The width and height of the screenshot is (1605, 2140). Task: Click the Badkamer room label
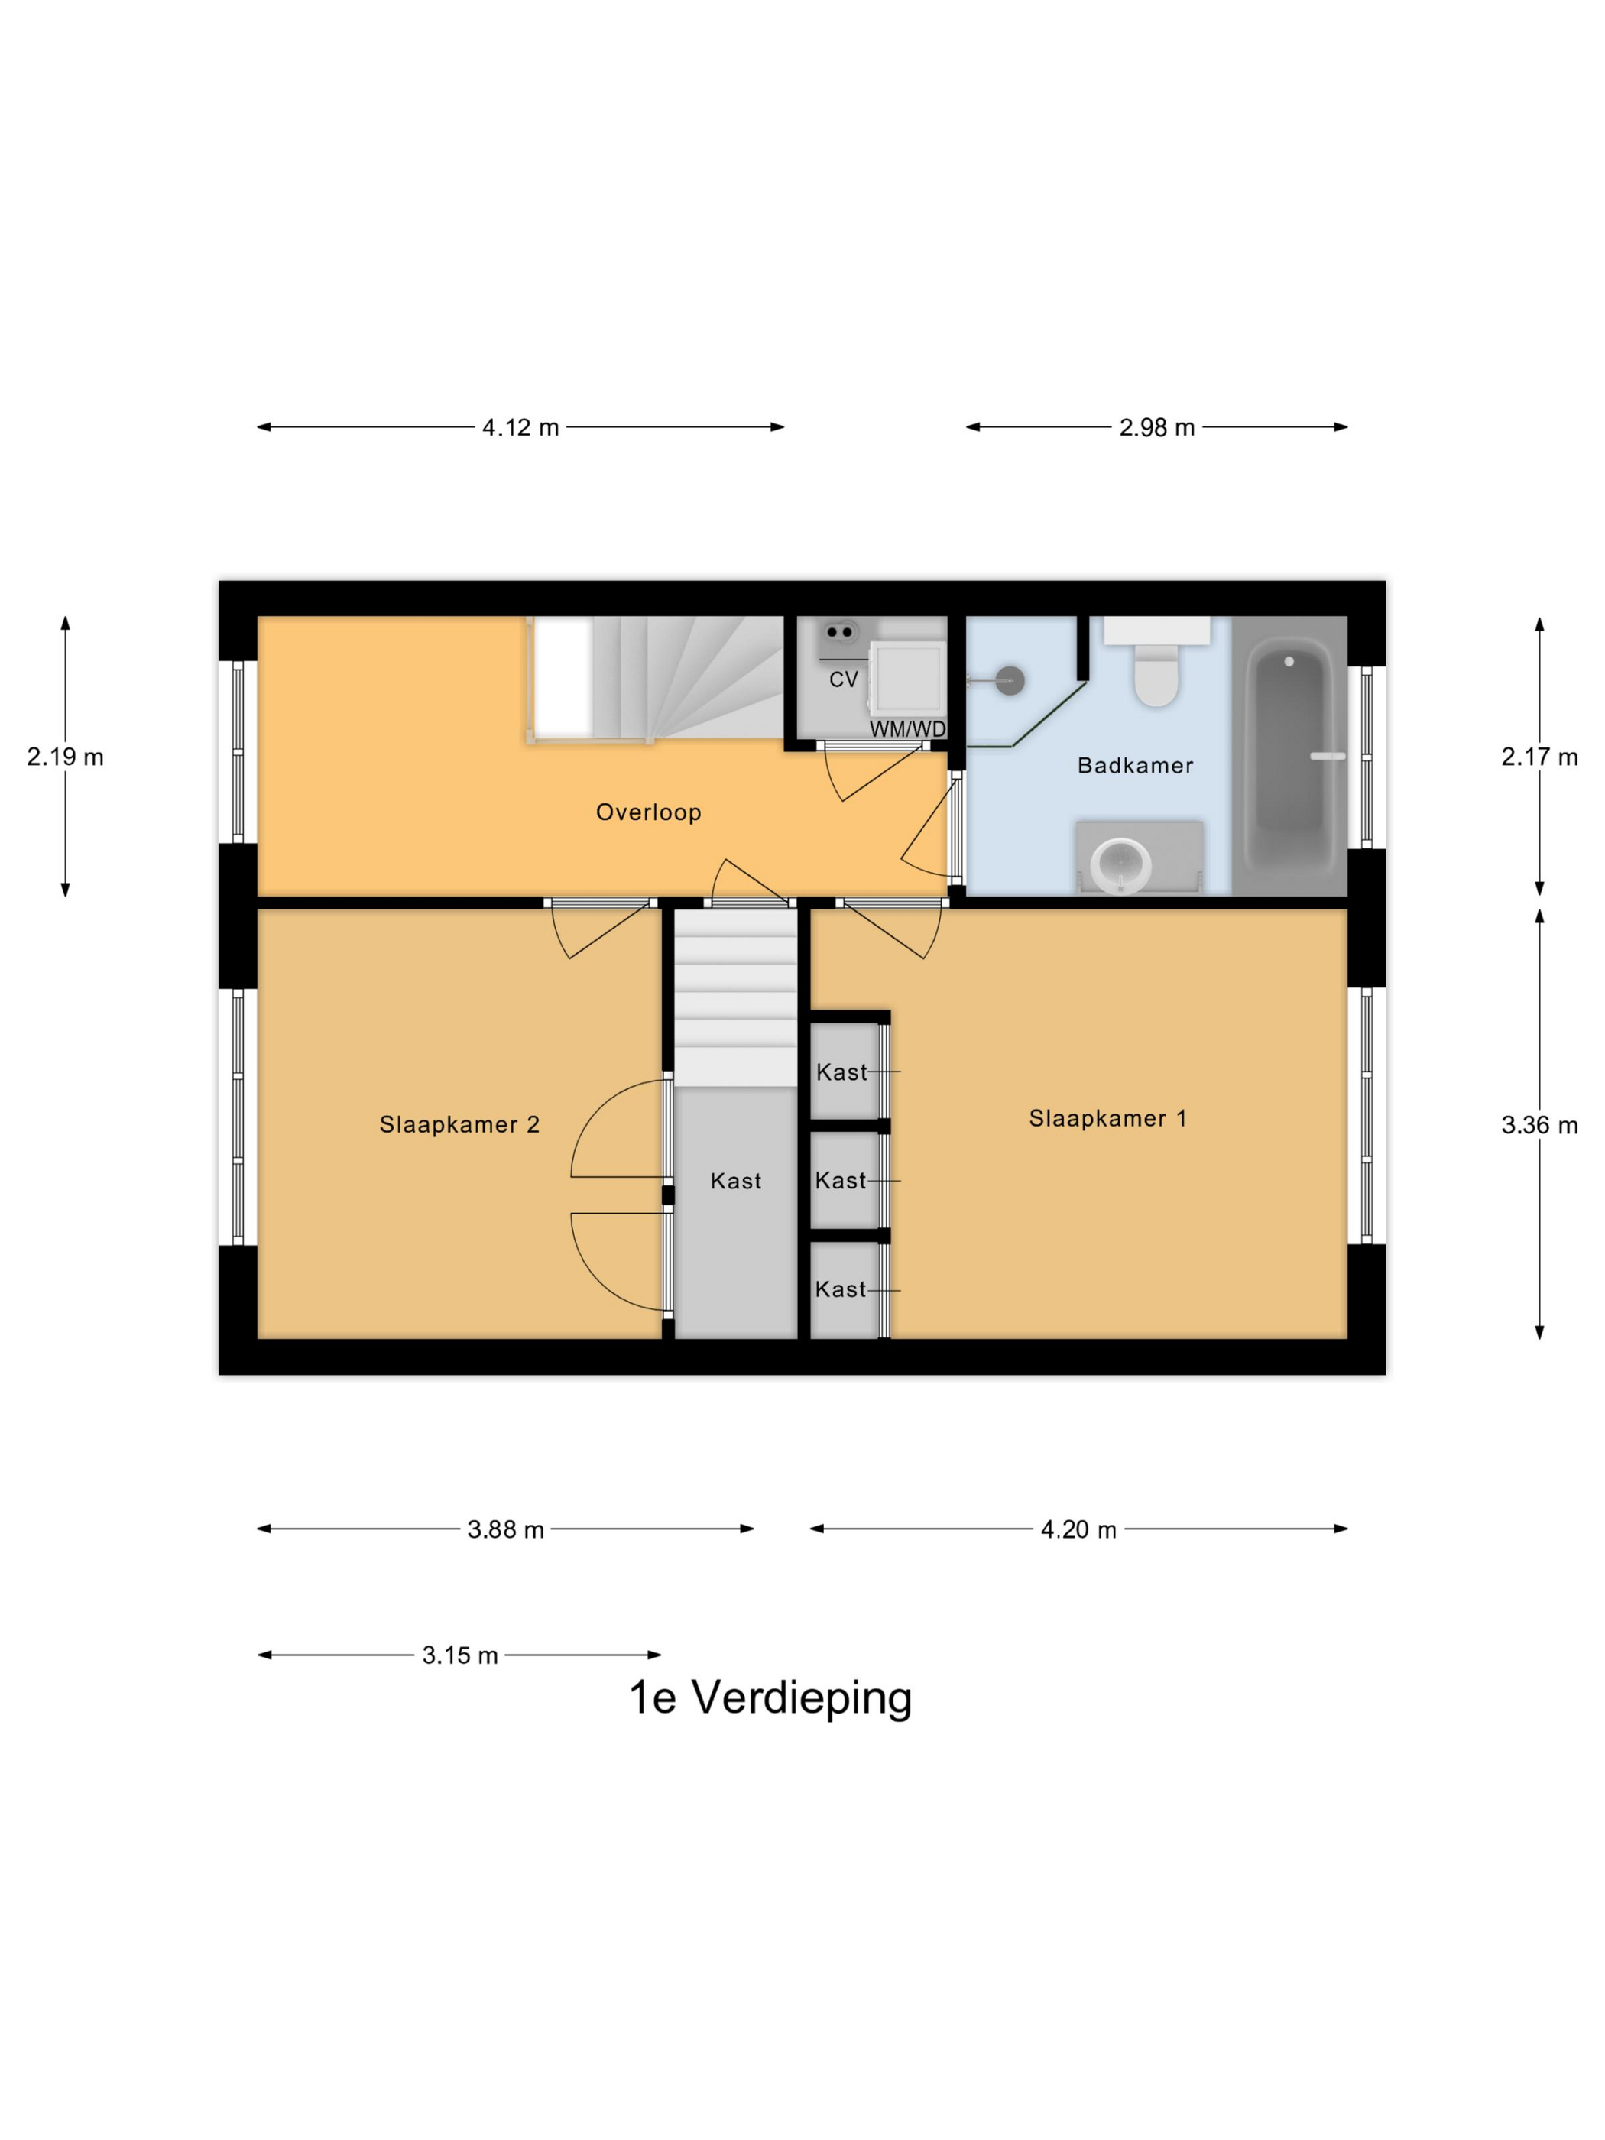1135,765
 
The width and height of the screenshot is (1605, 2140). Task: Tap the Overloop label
648,812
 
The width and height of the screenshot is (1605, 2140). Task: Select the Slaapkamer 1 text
1107,1118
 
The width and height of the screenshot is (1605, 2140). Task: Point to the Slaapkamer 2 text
459,1124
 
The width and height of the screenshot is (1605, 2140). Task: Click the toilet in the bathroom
1156,673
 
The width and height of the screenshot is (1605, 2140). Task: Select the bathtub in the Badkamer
1289,754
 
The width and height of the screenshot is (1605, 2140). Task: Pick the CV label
844,680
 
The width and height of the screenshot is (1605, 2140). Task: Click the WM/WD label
907,729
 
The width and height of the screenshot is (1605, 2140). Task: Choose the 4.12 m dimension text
520,427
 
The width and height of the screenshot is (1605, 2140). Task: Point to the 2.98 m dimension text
1156,427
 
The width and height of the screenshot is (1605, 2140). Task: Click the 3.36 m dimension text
1539,1125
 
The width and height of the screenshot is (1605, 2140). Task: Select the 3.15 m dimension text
459,1655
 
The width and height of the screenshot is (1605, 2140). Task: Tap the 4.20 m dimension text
1078,1529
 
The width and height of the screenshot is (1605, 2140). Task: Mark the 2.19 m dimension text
65,757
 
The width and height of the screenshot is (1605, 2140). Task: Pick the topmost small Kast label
841,1072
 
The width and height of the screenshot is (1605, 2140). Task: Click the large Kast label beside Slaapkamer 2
735,1180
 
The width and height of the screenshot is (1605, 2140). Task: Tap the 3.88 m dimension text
505,1529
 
